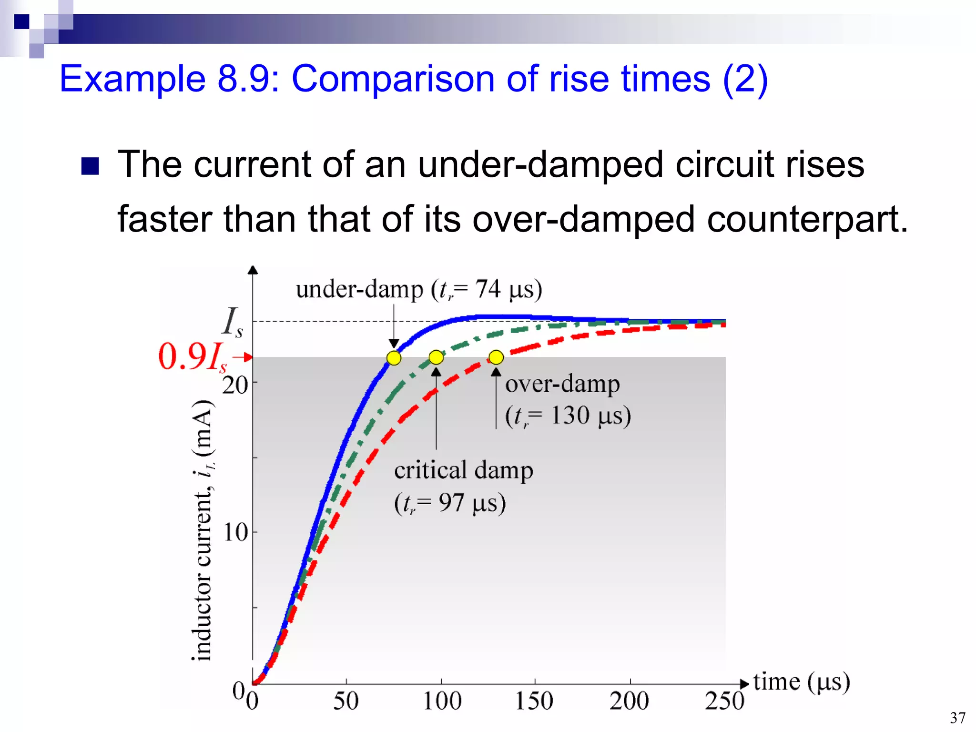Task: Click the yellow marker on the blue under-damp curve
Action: tap(394, 358)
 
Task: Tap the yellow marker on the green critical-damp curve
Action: tap(436, 357)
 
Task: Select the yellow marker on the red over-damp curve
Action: tap(496, 357)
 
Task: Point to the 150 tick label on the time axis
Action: tap(534, 701)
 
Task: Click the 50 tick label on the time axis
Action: tap(346, 701)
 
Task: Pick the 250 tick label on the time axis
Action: tap(724, 701)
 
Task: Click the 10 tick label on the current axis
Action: tap(235, 532)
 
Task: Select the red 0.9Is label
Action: tap(193, 357)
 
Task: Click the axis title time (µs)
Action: tap(802, 682)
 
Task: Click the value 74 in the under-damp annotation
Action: tap(488, 289)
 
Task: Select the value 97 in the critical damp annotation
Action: tap(451, 503)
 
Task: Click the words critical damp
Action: tap(463, 470)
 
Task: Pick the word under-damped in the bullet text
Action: tap(540, 164)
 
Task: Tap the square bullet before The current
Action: tap(90, 166)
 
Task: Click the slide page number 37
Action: tap(957, 718)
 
